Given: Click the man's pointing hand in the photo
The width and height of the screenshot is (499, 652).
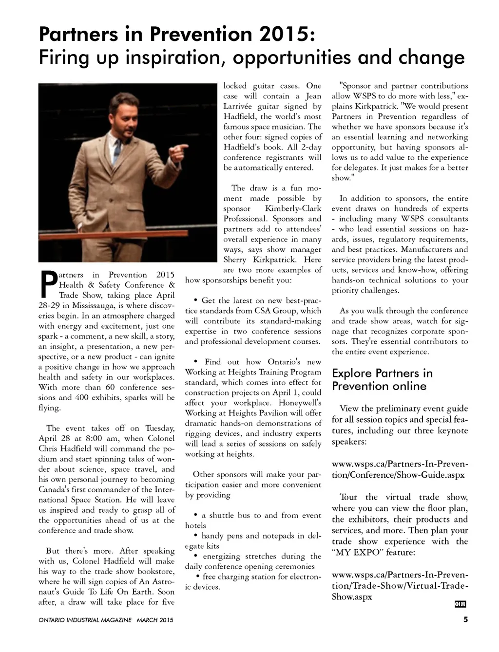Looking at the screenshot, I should [175, 148].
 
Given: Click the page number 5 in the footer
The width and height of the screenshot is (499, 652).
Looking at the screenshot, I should [465, 620].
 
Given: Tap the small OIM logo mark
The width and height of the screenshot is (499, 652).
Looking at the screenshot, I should [460, 604].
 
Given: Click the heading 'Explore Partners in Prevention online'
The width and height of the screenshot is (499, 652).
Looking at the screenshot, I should [382, 380].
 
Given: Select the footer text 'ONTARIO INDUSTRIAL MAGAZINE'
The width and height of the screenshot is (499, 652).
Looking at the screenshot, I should [85, 620].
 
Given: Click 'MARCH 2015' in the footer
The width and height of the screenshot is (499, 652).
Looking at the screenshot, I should [155, 620].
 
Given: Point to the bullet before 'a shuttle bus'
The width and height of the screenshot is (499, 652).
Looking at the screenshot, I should [196, 515].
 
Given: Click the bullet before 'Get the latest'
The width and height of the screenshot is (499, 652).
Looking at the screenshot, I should [195, 300].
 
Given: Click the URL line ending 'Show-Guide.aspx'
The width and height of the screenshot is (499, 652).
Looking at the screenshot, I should [398, 475].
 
